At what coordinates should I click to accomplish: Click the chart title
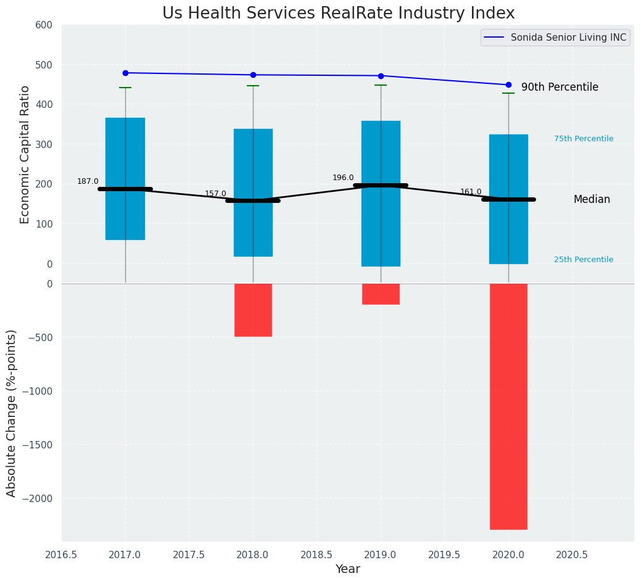338,14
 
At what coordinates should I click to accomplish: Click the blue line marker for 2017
125,73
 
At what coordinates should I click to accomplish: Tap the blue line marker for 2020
508,84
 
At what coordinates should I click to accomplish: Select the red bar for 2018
253,310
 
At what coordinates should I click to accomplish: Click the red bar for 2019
381,294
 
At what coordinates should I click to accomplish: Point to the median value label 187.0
88,181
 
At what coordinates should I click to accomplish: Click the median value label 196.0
343,178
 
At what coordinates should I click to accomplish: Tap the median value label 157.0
215,194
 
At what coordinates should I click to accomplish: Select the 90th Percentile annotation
560,88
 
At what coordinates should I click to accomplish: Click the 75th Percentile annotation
584,139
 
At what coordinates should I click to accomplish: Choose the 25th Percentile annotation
584,260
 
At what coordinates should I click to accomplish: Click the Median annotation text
592,199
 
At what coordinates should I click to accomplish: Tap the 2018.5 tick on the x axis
316,554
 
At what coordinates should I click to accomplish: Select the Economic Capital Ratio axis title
25,154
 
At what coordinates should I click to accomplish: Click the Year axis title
347,569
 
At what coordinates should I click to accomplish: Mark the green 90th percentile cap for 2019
381,85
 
